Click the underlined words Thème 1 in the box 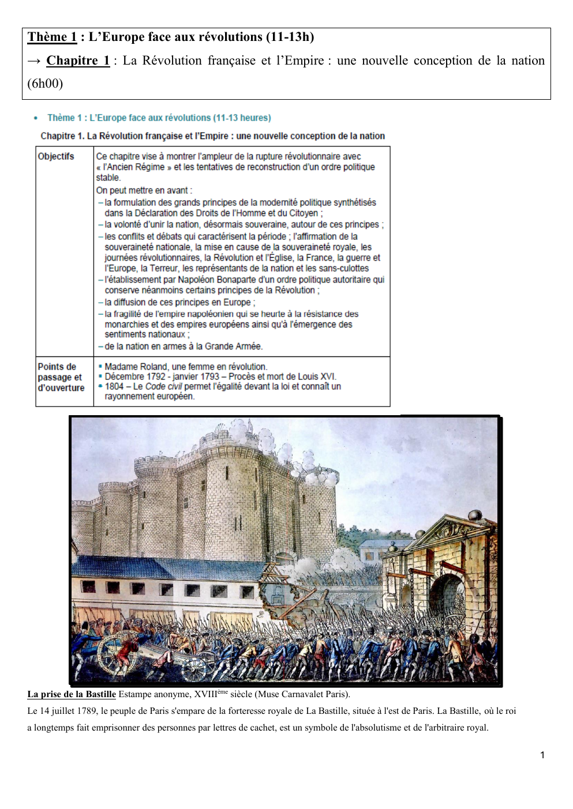pyautogui.click(x=52, y=37)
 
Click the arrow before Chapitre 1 pyautogui.click(x=34, y=61)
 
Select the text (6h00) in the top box pyautogui.click(x=45, y=84)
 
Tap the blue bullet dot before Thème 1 pyautogui.click(x=36, y=118)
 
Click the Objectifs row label pyautogui.click(x=56, y=156)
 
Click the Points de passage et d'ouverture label pyautogui.click(x=61, y=377)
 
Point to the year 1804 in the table pyautogui.click(x=114, y=386)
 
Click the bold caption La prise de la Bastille pyautogui.click(x=72, y=694)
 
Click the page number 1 pyautogui.click(x=542, y=755)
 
